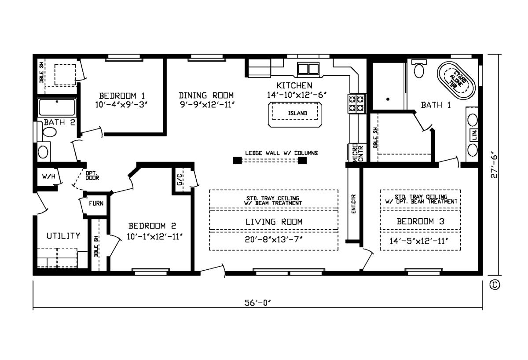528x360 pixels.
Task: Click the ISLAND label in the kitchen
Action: (x=297, y=113)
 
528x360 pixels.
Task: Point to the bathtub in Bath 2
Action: (x=57, y=107)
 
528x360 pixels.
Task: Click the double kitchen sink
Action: (x=308, y=69)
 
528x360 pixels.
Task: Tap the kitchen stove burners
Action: (x=356, y=103)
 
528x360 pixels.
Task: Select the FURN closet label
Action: (x=96, y=203)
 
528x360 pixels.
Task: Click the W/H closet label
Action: (x=48, y=176)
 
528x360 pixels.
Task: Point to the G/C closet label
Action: (x=180, y=179)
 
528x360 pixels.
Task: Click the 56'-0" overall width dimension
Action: (x=257, y=303)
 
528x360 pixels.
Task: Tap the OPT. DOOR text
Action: (x=92, y=176)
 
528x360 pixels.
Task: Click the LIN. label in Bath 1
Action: (x=474, y=135)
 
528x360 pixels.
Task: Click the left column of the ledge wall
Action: (x=237, y=161)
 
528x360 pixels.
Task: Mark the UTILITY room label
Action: (x=63, y=236)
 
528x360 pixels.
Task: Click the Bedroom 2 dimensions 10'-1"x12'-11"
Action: (x=155, y=236)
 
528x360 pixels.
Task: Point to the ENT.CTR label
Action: (x=353, y=204)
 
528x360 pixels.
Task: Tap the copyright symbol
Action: (x=495, y=285)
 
